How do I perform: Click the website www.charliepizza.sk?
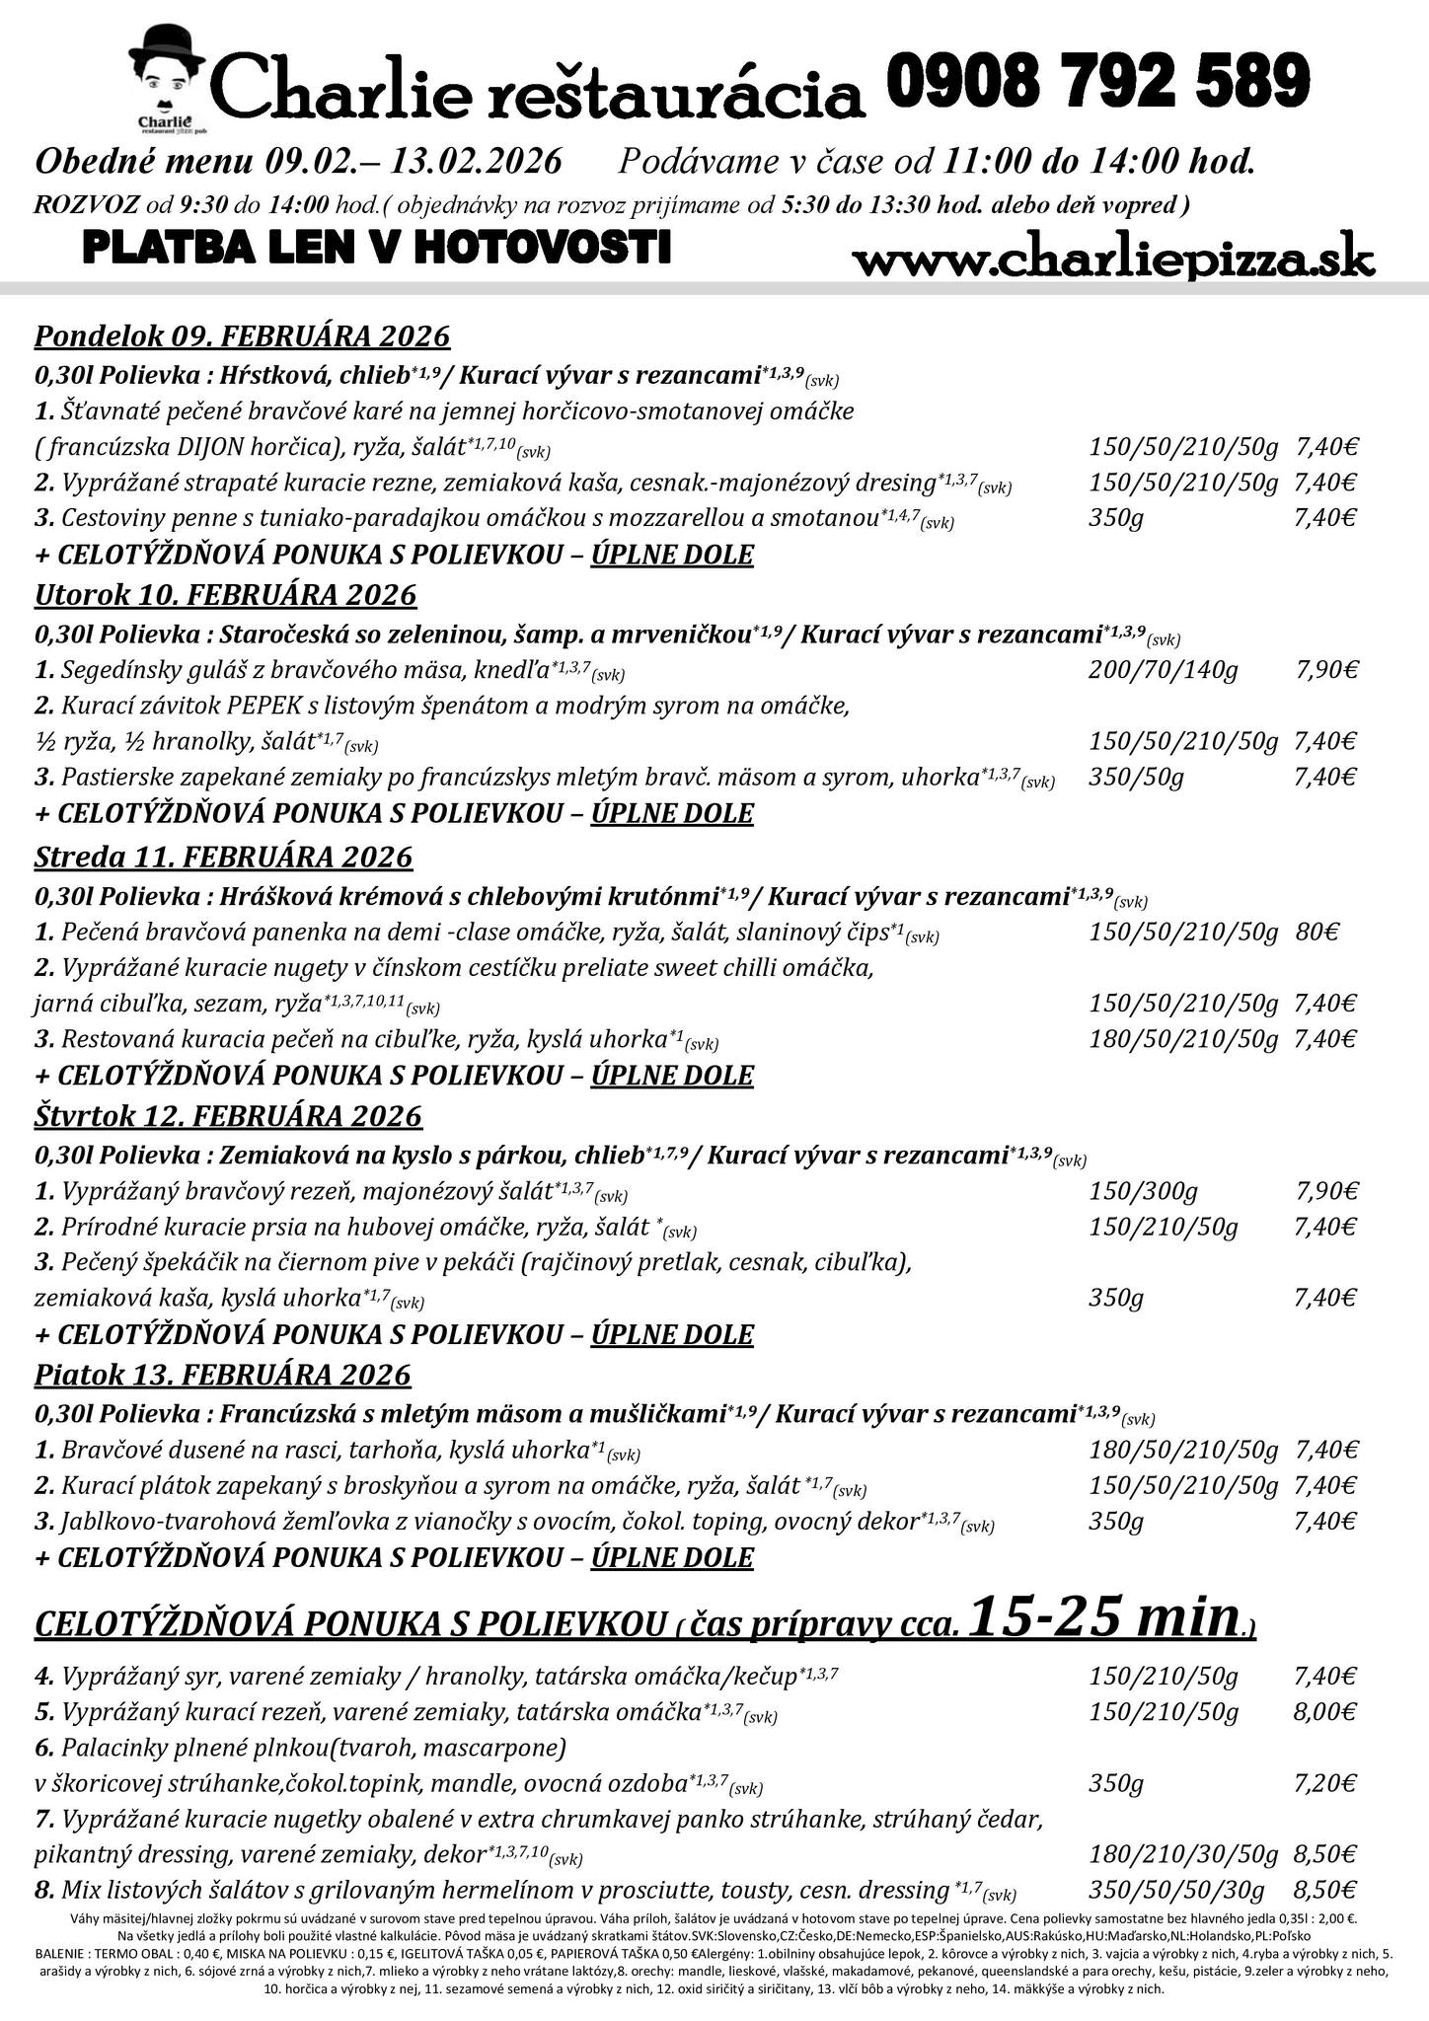coord(1112,261)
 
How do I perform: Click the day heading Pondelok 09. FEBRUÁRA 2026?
coord(242,337)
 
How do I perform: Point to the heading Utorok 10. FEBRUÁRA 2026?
coord(225,595)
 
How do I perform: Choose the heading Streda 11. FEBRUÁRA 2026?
coord(223,857)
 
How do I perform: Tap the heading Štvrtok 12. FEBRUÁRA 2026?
coord(228,1116)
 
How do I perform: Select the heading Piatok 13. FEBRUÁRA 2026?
coord(222,1375)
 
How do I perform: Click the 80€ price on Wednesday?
coord(1316,933)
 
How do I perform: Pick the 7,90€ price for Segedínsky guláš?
coord(1326,671)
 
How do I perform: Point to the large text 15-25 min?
coord(1105,1616)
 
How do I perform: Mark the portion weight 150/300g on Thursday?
coord(1143,1191)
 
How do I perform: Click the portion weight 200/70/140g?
coord(1163,671)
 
